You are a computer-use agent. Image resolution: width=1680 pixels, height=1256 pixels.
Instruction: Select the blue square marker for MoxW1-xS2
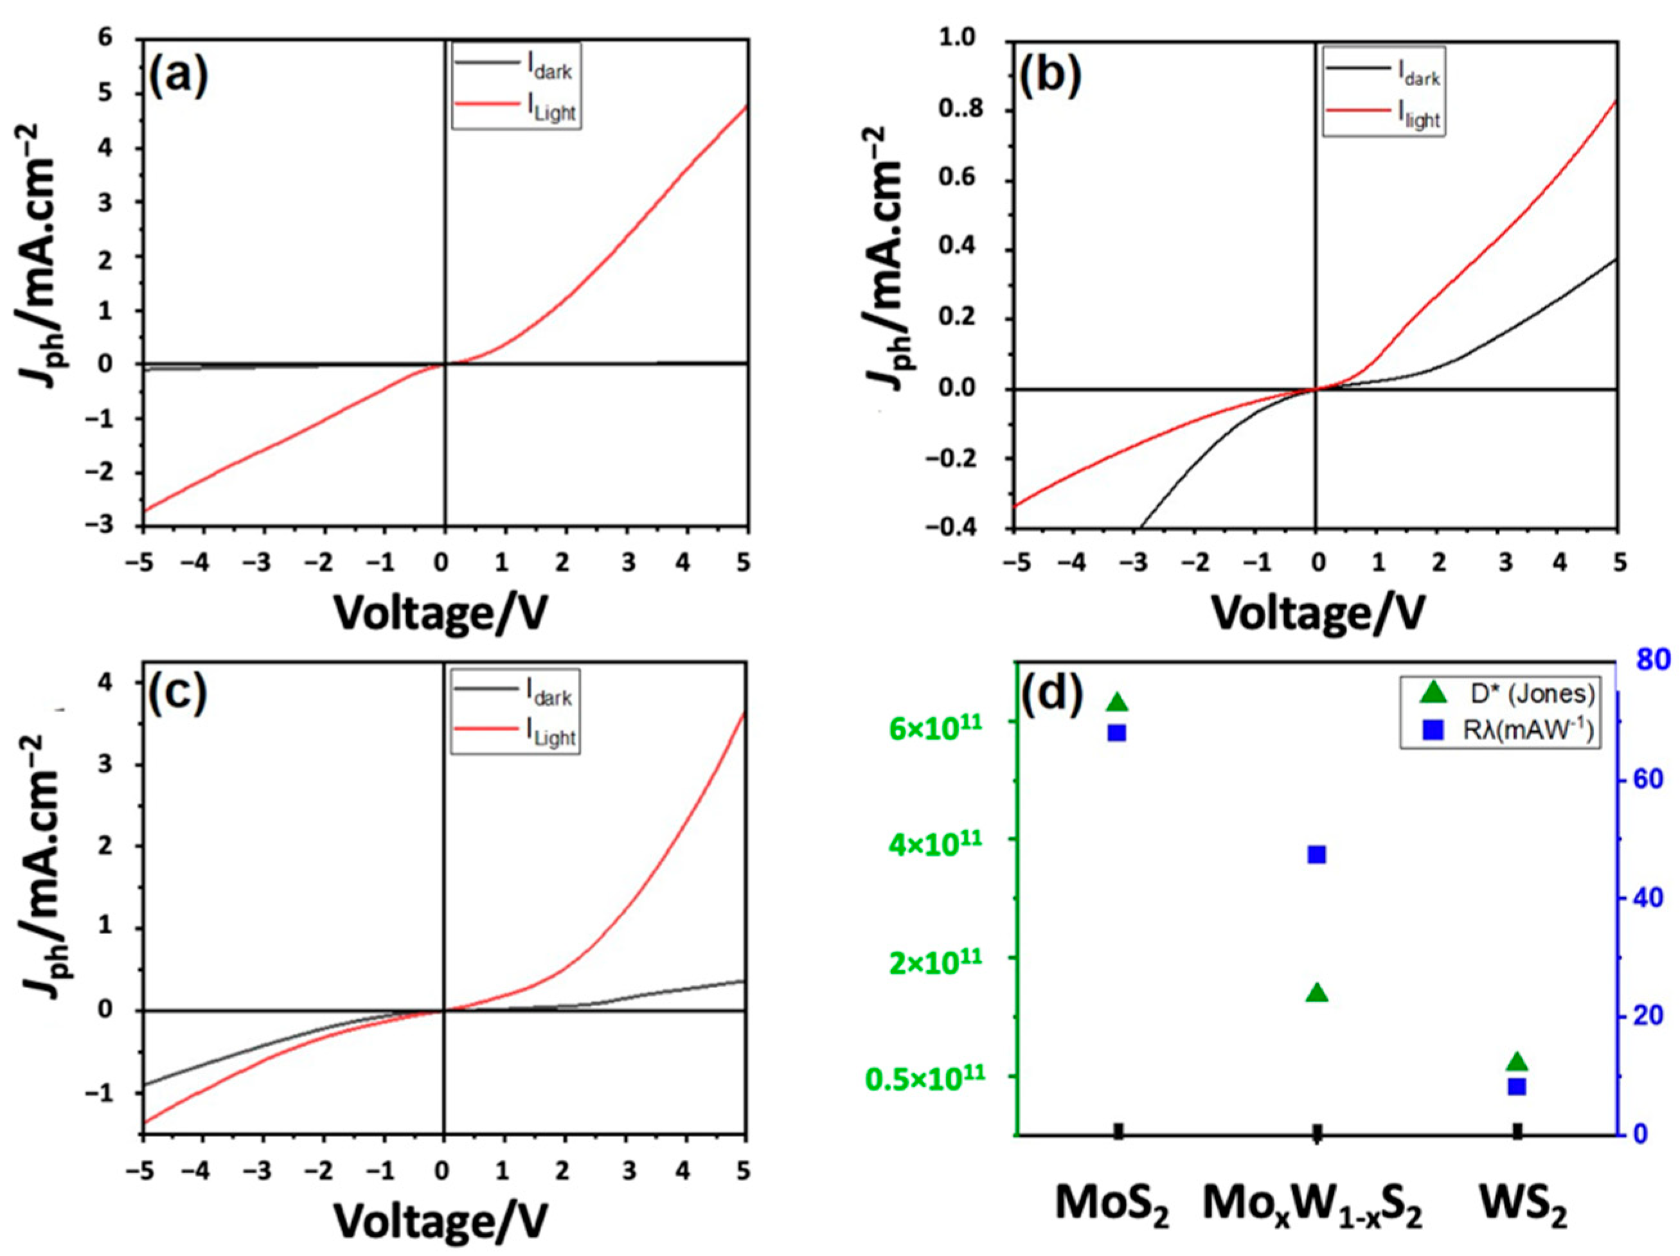point(1317,855)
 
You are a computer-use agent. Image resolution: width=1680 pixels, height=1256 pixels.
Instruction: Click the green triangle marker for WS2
point(1517,1061)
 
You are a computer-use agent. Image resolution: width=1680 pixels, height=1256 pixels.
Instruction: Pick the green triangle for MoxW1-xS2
point(1317,993)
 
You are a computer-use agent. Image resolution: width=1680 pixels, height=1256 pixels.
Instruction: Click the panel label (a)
point(178,78)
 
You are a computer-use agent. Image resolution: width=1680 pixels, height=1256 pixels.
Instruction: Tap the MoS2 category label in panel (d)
point(1111,1207)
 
